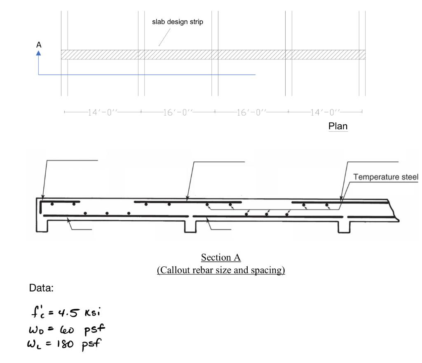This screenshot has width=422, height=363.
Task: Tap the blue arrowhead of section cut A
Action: coord(39,53)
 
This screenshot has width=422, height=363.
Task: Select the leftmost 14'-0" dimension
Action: coord(103,112)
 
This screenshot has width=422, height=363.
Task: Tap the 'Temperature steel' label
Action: coord(386,177)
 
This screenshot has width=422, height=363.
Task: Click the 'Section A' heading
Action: coord(221,257)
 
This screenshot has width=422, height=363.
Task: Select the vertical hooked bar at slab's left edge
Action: coord(41,206)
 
